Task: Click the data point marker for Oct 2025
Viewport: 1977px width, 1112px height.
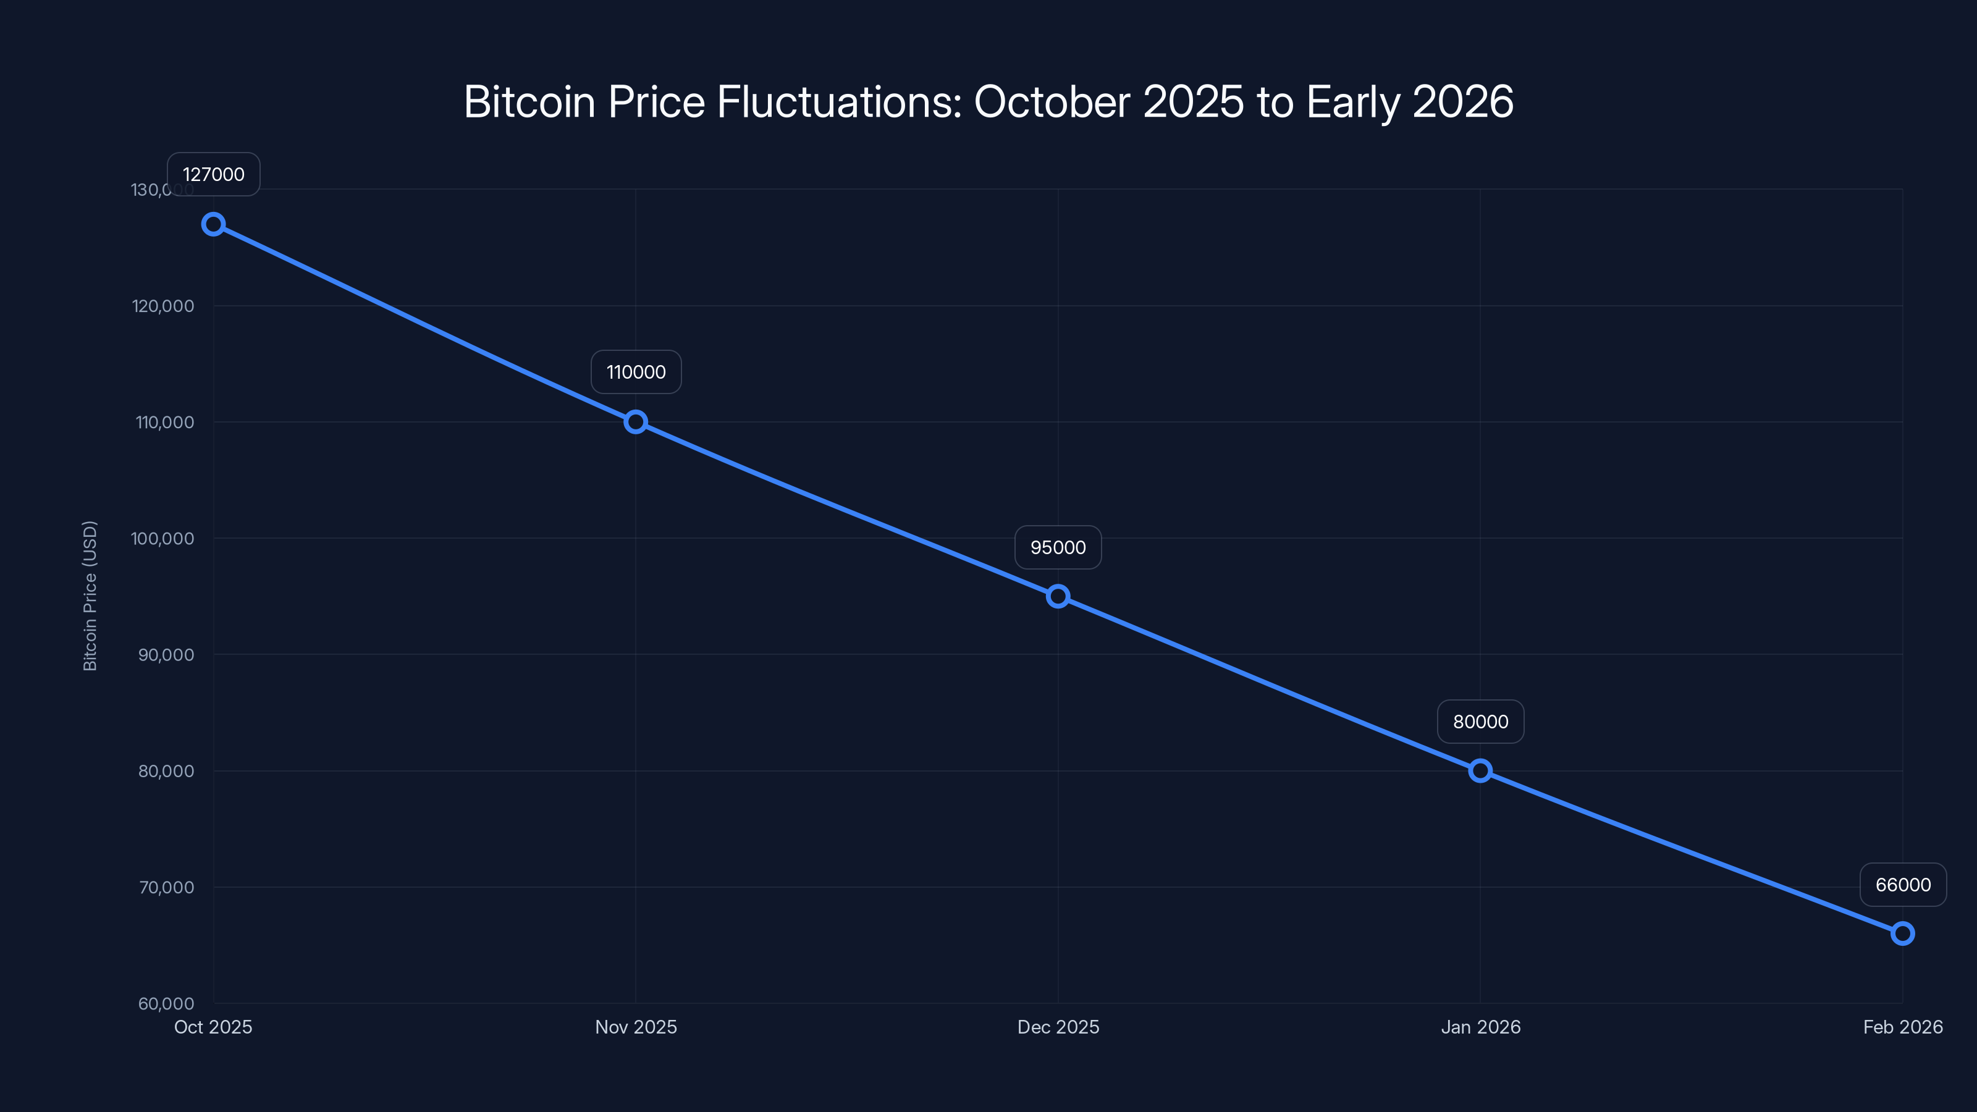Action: [213, 224]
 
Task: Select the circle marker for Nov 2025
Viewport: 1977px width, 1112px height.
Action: [636, 421]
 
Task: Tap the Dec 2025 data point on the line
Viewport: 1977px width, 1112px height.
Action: [1058, 596]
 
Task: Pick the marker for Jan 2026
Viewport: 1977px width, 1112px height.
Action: [1480, 770]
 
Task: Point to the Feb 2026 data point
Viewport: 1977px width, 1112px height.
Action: [1903, 933]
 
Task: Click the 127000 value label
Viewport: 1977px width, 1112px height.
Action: [213, 174]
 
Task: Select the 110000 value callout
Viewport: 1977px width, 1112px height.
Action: [636, 372]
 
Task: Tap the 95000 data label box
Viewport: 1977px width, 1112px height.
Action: [1058, 547]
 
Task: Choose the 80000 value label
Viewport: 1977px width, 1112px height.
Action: [1480, 722]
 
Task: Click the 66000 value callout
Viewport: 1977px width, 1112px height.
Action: [1903, 884]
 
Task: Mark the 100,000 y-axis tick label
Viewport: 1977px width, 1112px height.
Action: [162, 539]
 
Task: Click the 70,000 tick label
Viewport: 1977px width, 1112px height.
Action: [166, 887]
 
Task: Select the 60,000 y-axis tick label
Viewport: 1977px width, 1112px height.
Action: [166, 1003]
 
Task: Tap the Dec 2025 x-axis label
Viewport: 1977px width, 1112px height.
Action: [1058, 1027]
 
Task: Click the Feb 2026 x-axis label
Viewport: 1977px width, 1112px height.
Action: [1903, 1027]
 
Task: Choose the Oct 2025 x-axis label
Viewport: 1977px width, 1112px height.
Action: [213, 1027]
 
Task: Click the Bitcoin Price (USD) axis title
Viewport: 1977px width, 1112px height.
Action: [90, 596]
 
